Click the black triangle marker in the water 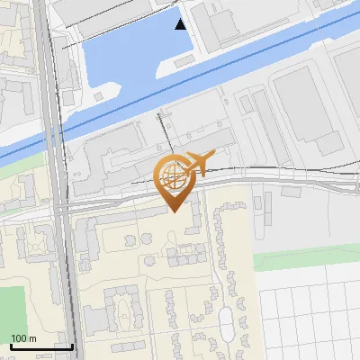[181, 24]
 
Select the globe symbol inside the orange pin [172, 174]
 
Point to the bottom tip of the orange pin [172, 211]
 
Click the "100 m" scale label [23, 338]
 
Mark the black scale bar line [40, 346]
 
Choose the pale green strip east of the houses [306, 260]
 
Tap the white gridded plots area [310, 315]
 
